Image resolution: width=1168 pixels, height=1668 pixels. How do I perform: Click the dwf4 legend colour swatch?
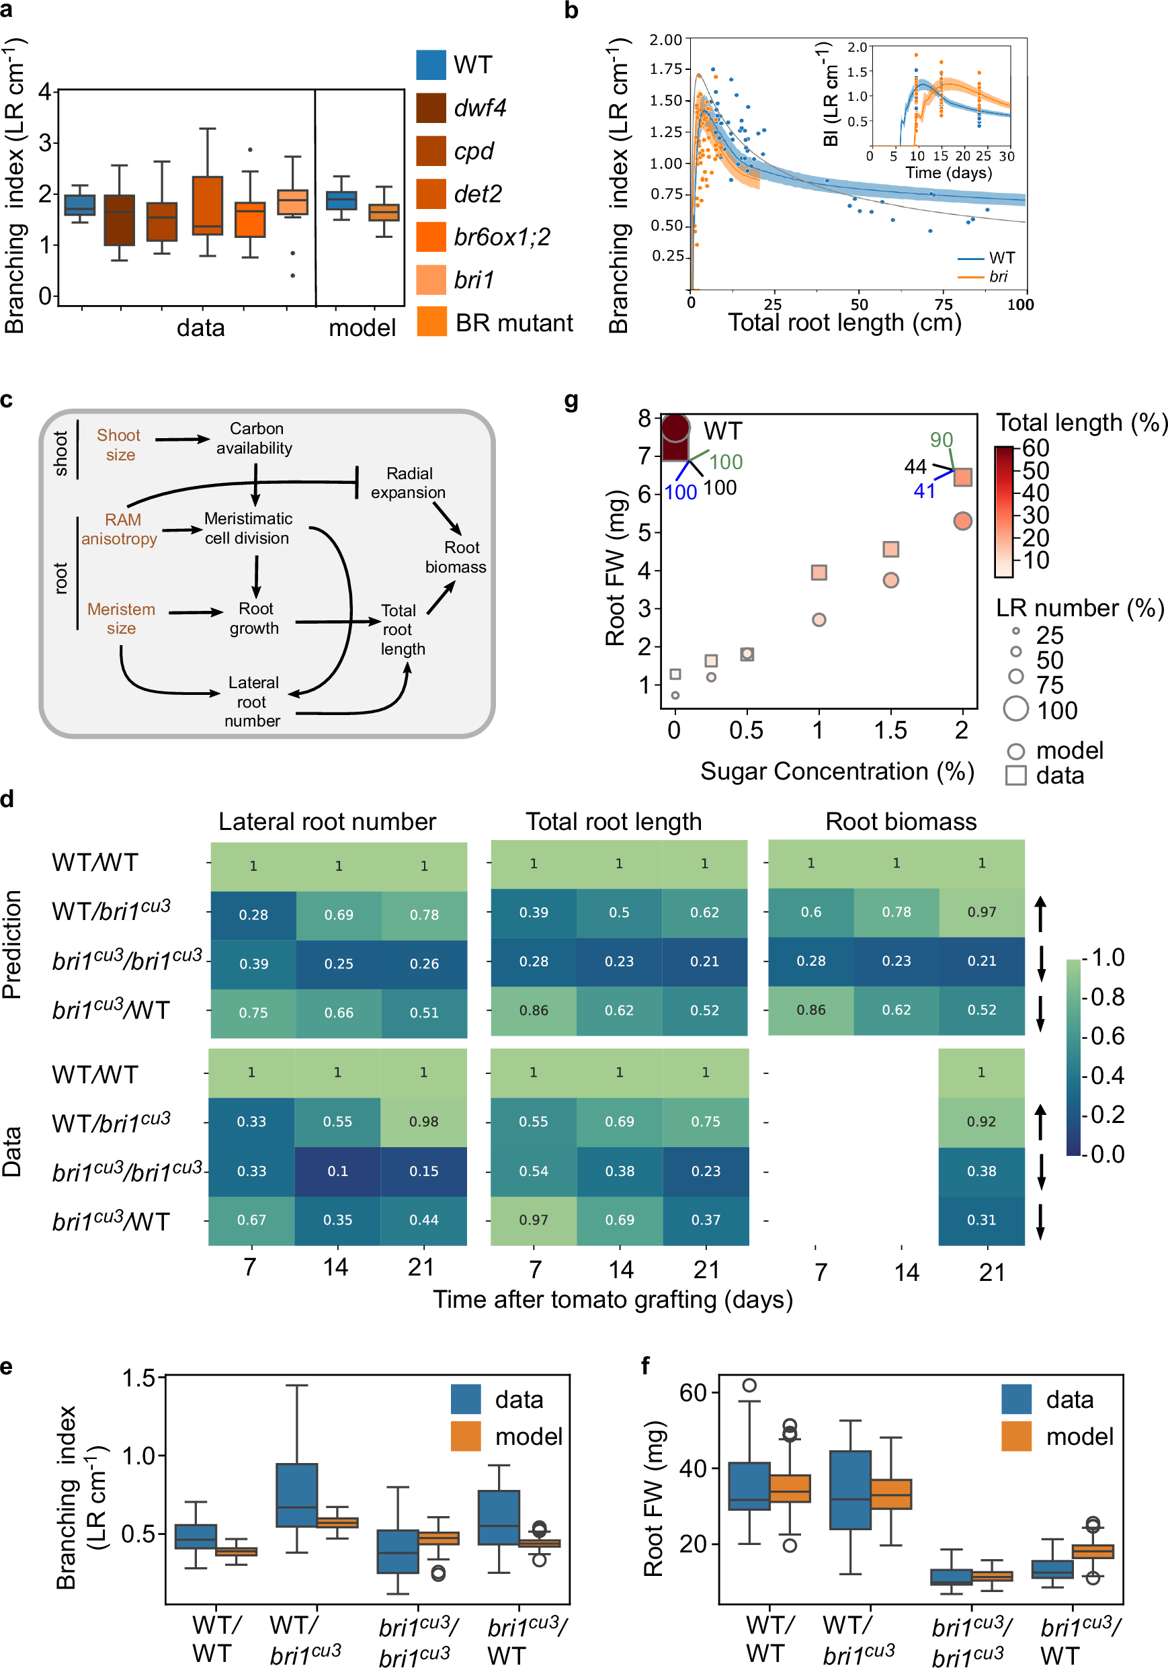click(x=431, y=108)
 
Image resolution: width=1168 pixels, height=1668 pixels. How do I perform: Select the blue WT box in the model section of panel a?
click(x=341, y=200)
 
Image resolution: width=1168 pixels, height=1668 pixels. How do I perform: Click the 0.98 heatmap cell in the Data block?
click(x=423, y=1121)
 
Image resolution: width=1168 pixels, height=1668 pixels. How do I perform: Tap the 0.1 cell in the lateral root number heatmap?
click(x=338, y=1171)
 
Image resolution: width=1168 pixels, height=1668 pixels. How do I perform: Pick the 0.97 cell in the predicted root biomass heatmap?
click(x=981, y=912)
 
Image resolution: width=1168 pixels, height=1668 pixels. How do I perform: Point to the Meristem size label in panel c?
click(x=122, y=618)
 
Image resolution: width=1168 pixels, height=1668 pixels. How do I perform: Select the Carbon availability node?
click(x=254, y=438)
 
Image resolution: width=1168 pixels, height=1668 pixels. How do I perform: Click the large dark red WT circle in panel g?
click(x=675, y=428)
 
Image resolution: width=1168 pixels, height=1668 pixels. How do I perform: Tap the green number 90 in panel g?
click(x=942, y=440)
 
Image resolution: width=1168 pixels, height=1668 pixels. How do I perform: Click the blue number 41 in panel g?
click(x=924, y=491)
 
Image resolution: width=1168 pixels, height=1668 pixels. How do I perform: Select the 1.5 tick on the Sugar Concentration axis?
click(x=890, y=730)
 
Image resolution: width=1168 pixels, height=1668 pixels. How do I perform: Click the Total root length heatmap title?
click(x=613, y=822)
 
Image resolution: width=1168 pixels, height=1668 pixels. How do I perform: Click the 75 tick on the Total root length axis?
click(x=943, y=304)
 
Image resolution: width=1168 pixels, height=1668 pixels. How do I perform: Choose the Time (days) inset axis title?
click(x=948, y=173)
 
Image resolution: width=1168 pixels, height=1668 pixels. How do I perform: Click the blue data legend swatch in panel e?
click(x=466, y=1399)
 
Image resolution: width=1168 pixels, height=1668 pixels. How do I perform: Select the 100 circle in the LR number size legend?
click(x=1015, y=708)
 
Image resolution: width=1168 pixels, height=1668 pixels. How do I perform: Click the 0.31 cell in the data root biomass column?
click(x=981, y=1220)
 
